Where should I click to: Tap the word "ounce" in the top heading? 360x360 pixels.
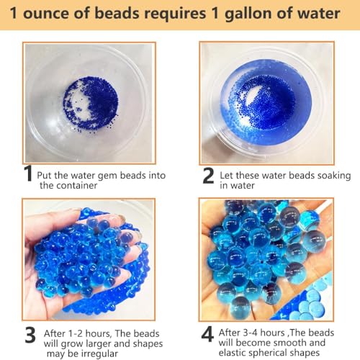pos(45,13)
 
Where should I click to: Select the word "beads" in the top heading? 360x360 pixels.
pos(117,13)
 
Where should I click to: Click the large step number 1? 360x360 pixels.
pos(29,173)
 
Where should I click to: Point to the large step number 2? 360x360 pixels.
pos(208,176)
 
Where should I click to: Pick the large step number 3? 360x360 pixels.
pos(30,335)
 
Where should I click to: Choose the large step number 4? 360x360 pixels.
pos(207,334)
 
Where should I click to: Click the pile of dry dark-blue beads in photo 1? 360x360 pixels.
pos(91,104)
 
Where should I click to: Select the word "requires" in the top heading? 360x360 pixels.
pos(174,14)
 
